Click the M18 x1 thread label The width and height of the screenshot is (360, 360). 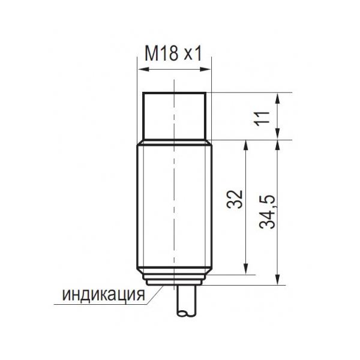(173, 53)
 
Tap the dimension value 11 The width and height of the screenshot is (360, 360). (262, 118)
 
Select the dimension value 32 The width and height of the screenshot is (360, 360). (235, 199)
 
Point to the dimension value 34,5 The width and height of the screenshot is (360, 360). (267, 212)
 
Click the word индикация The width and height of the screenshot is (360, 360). (104, 295)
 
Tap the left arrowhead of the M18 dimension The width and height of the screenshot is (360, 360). (143, 69)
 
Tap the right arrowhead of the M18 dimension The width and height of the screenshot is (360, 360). (205, 69)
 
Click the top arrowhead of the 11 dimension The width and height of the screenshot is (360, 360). (278, 98)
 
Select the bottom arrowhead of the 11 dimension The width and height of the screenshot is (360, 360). (278, 134)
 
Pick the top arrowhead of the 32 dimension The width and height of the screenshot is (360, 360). (246, 146)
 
